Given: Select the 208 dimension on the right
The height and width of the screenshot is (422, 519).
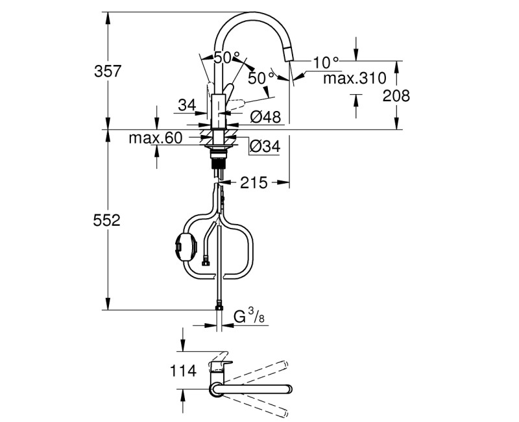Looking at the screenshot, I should pos(396,95).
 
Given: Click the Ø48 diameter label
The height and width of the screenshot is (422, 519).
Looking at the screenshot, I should pos(265,118).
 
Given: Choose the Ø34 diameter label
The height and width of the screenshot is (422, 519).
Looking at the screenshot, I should pos(265,147).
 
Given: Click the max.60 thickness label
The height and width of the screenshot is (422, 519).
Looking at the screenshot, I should pos(156,138).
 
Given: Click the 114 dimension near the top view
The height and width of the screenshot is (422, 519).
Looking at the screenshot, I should pos(183,371).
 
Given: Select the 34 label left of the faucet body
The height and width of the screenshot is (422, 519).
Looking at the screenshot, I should pos(187,104).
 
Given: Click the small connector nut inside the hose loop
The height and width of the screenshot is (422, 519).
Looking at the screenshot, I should pos(205,262).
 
